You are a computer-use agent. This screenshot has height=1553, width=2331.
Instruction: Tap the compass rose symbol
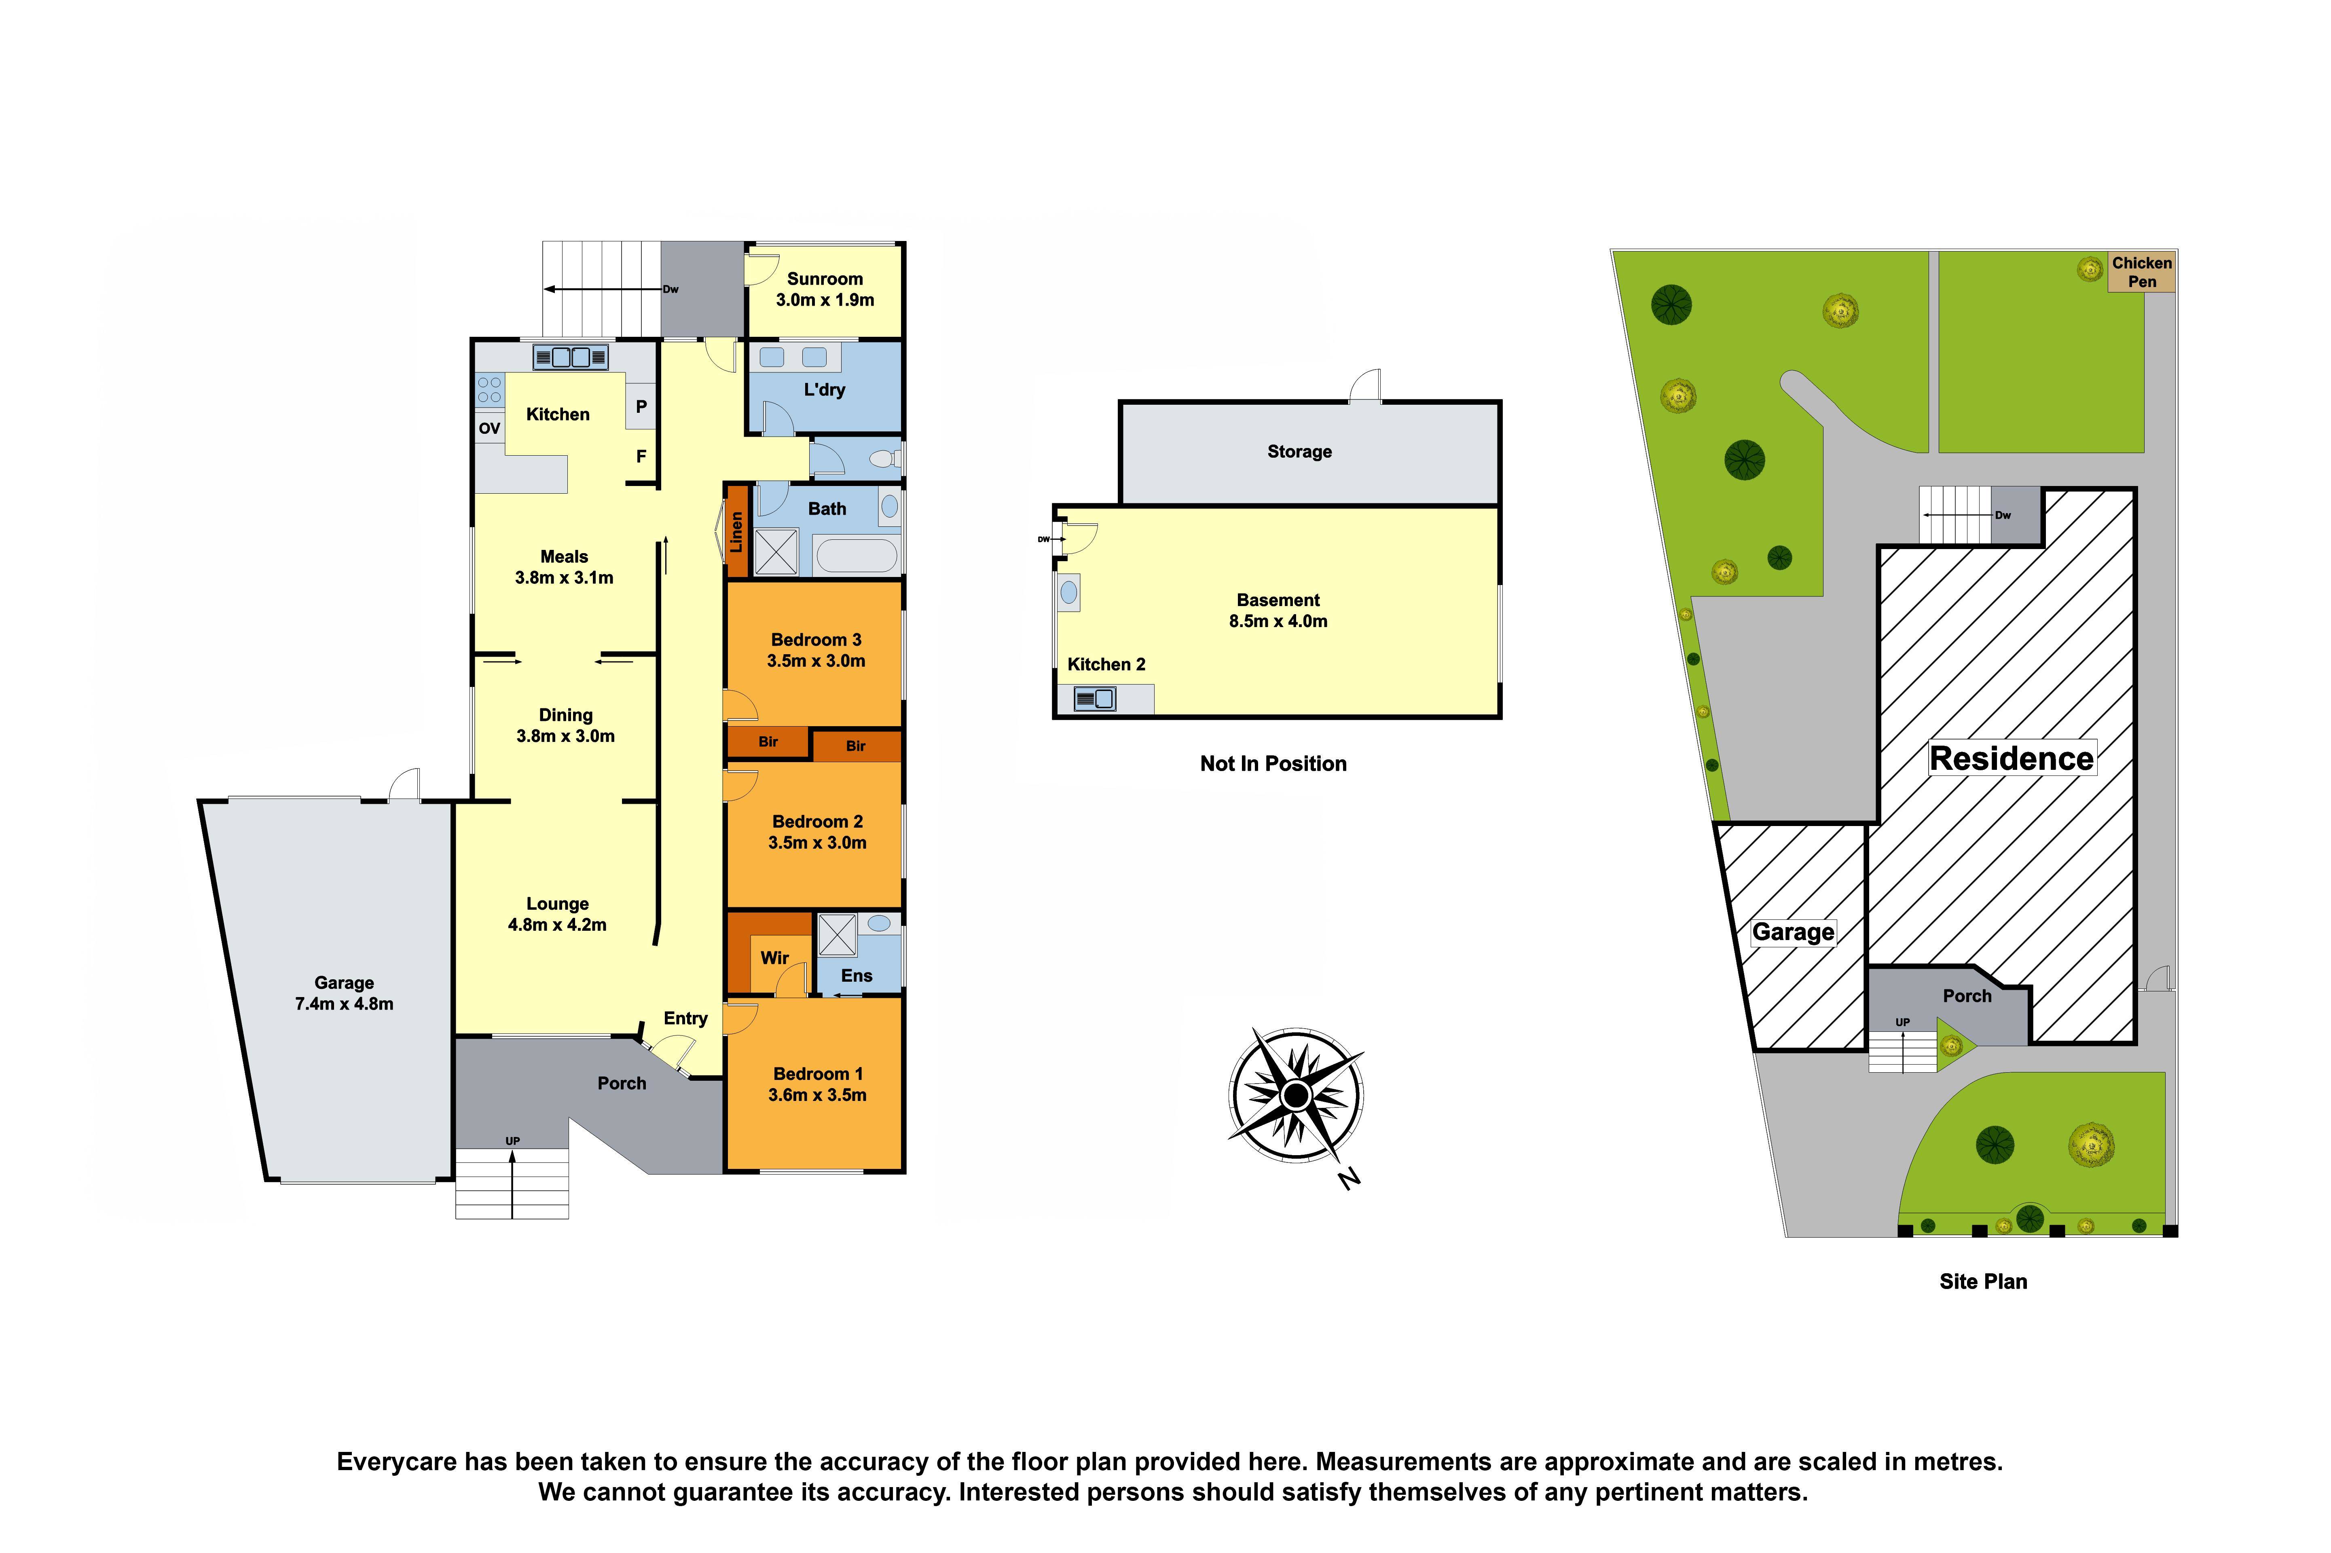[1296, 1095]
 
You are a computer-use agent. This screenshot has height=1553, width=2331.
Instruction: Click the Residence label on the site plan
[2011, 759]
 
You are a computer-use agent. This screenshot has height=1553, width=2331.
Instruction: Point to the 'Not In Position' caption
[1273, 764]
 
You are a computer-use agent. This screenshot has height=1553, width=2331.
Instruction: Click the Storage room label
[1299, 452]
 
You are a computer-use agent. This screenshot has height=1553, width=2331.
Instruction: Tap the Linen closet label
[736, 532]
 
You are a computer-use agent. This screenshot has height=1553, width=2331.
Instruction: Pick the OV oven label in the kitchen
[489, 429]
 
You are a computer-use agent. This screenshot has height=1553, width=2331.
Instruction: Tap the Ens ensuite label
[856, 976]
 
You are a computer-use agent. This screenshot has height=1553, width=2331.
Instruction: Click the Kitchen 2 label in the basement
[1106, 665]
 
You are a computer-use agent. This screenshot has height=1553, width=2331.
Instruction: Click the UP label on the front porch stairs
[512, 1141]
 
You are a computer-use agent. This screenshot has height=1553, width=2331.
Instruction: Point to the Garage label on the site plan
[1792, 932]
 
